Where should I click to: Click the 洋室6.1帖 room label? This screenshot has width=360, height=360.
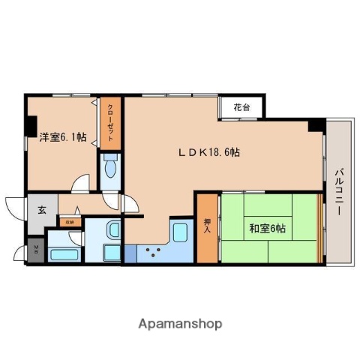point(62,138)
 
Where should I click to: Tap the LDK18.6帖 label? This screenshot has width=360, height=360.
point(208,151)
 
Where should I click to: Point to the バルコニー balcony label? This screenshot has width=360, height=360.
point(339,191)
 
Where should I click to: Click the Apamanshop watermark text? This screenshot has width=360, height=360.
point(180,324)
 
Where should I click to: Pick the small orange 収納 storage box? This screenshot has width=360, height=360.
point(68,222)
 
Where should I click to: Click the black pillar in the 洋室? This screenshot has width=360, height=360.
point(31,122)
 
